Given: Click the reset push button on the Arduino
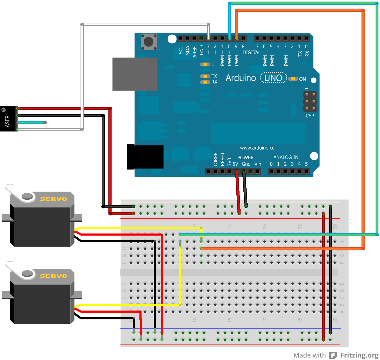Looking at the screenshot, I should (x=149, y=42).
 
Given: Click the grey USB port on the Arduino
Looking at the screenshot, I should (x=135, y=74).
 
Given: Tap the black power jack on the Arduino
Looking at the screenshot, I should (x=145, y=157).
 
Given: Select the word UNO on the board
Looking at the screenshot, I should (x=273, y=78).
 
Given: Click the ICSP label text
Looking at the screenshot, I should (x=309, y=116).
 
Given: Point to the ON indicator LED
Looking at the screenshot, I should (x=293, y=79).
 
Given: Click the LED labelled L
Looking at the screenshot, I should (x=205, y=64).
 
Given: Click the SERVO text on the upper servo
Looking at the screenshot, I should (x=53, y=199).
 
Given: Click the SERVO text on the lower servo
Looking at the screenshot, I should (x=53, y=276).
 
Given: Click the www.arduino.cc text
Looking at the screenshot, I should (x=257, y=148).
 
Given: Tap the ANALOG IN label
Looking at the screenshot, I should (x=286, y=157).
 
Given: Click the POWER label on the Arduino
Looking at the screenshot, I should (x=245, y=157).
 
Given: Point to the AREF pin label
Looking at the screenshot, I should (x=194, y=52).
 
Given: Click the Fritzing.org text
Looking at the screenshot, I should (x=359, y=355).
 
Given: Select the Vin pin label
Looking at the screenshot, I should (x=258, y=164).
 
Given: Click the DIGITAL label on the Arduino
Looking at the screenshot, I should (x=251, y=52).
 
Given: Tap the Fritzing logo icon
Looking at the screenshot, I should (x=333, y=355).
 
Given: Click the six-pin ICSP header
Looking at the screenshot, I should (x=310, y=101).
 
